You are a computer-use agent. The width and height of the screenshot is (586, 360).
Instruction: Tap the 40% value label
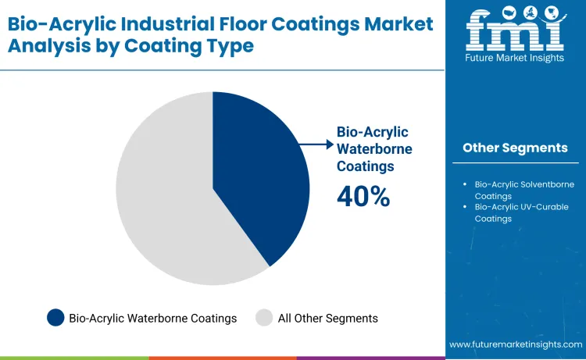(x=363, y=197)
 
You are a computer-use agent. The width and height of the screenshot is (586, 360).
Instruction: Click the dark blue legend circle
(x=55, y=318)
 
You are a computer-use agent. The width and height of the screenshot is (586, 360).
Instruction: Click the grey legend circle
(x=264, y=318)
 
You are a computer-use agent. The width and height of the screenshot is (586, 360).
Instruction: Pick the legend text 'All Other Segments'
(x=328, y=318)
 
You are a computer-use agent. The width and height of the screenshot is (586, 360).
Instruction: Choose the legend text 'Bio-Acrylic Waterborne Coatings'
(x=153, y=318)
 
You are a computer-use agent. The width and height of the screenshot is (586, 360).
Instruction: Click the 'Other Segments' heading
(x=515, y=148)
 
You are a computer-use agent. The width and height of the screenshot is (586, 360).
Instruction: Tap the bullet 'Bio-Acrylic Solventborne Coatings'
(x=523, y=190)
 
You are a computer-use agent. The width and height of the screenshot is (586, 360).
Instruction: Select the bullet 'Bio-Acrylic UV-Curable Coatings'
(x=523, y=212)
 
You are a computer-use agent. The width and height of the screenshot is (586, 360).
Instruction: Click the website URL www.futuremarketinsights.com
(x=516, y=344)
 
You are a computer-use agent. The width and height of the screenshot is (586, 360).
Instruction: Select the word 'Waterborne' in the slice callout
(x=374, y=148)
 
